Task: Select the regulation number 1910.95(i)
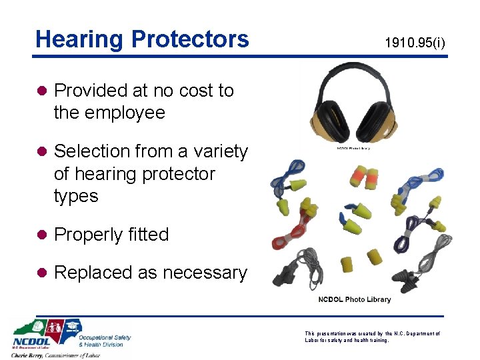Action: [x=415, y=44]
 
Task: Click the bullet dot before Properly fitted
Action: [x=42, y=235]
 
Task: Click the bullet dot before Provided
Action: [x=42, y=91]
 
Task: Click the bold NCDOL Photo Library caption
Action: [x=354, y=299]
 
